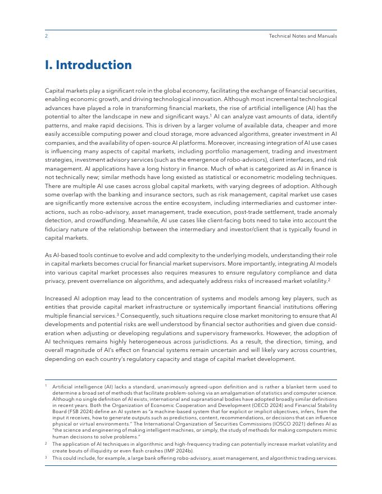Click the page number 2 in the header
46,36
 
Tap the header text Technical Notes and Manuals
303,36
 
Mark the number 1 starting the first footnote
46,387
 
